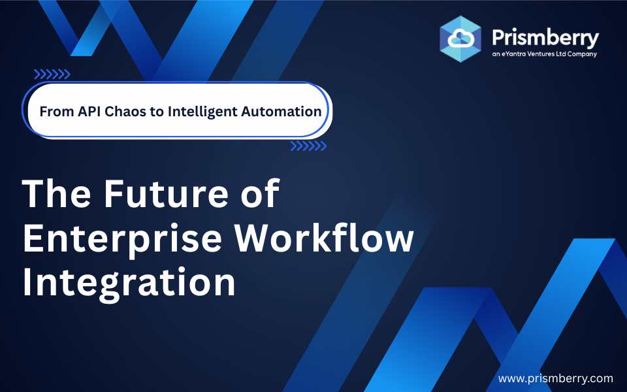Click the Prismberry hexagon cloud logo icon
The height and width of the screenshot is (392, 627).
pyautogui.click(x=460, y=39)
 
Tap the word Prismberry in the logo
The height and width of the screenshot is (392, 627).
pyautogui.click(x=545, y=38)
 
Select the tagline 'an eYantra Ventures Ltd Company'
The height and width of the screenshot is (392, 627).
pyautogui.click(x=544, y=54)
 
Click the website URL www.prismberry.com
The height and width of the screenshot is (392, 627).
pyautogui.click(x=555, y=378)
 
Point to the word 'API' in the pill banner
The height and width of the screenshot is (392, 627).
pyautogui.click(x=89, y=111)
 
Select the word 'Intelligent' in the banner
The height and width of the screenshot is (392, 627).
pyautogui.click(x=202, y=112)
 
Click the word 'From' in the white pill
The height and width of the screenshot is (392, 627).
pyautogui.click(x=56, y=111)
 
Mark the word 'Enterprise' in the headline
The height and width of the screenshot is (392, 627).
pyautogui.click(x=122, y=239)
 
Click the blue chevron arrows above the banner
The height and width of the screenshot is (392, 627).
pyautogui.click(x=52, y=74)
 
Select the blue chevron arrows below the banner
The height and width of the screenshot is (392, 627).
pyautogui.click(x=308, y=146)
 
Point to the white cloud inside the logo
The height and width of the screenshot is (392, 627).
pyautogui.click(x=460, y=39)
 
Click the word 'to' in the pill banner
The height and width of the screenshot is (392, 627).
pyautogui.click(x=157, y=112)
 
